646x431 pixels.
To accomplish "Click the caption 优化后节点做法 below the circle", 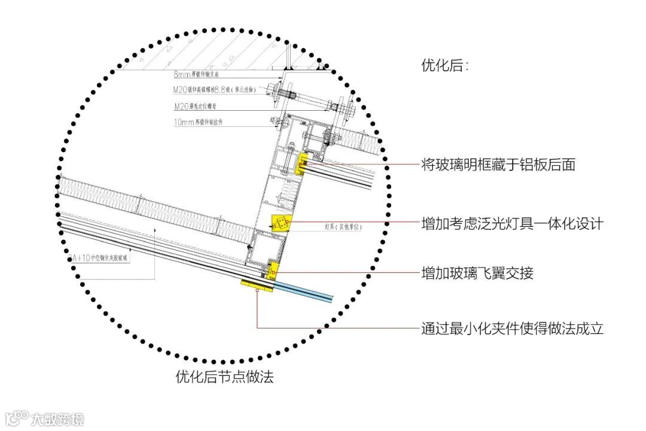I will (224, 377).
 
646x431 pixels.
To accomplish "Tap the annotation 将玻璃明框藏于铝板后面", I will (498, 165).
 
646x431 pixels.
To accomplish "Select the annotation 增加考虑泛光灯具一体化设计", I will (512, 224).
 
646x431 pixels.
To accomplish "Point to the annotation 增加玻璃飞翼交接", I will (477, 274).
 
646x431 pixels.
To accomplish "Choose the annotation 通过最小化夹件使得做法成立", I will (512, 329).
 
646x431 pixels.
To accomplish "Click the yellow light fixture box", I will (281, 223).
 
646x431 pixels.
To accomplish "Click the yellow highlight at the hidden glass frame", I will (303, 164).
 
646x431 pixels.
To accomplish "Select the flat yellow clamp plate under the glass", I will (257, 286).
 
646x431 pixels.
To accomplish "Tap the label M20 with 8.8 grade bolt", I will (215, 90).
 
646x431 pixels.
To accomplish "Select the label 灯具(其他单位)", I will (343, 227).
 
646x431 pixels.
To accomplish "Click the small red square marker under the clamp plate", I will (257, 291).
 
